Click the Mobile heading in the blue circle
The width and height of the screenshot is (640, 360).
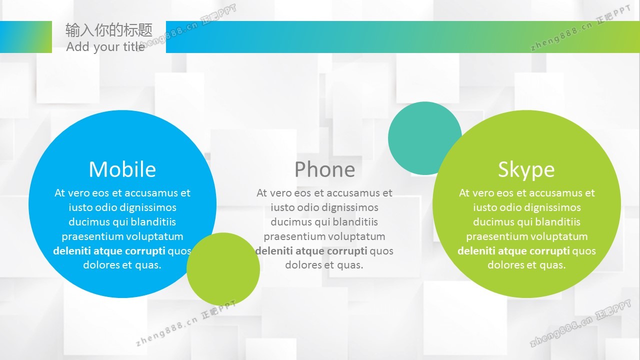click(122, 169)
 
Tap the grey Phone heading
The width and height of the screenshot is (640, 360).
click(324, 169)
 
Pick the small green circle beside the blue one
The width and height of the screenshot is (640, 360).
click(223, 269)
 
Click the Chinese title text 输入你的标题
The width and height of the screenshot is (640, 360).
click(109, 30)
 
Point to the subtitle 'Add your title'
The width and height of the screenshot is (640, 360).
click(105, 47)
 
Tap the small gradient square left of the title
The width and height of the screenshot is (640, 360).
click(26, 37)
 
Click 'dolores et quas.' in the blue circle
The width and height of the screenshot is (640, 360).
click(122, 265)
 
